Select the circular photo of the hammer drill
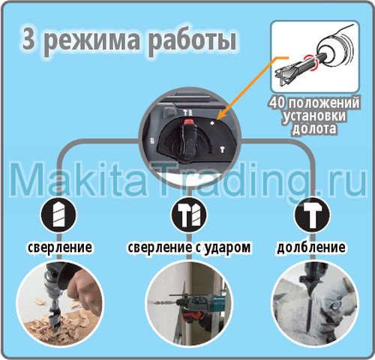186,300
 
